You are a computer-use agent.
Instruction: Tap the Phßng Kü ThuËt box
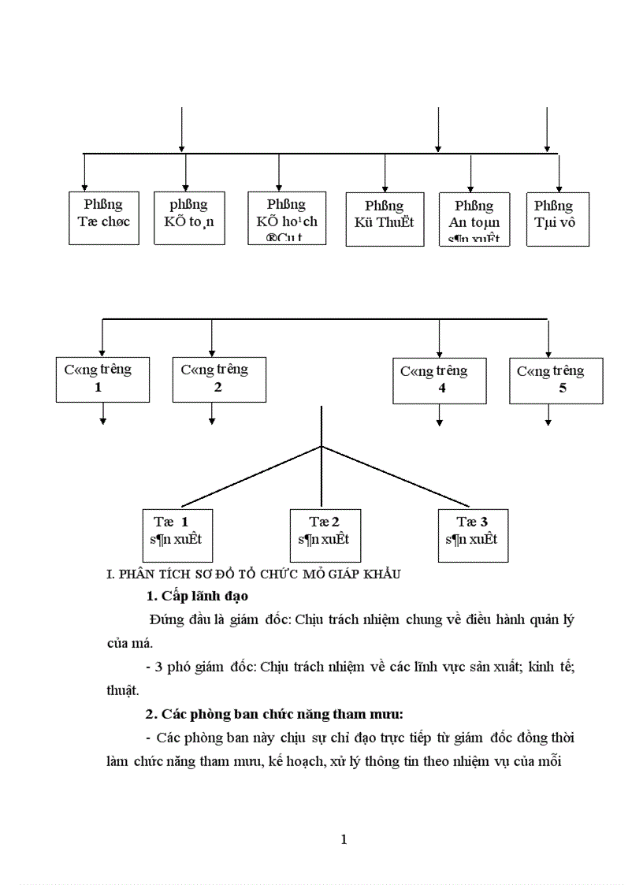click(385, 214)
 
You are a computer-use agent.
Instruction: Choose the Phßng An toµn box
click(474, 217)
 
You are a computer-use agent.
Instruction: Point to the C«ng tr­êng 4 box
click(439, 380)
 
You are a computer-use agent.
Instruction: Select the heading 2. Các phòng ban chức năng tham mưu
click(274, 714)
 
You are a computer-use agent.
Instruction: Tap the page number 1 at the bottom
click(344, 839)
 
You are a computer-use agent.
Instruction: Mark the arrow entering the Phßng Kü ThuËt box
click(385, 173)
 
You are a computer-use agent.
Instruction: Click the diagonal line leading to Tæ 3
click(394, 476)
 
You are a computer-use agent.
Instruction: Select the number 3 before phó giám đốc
click(160, 667)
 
